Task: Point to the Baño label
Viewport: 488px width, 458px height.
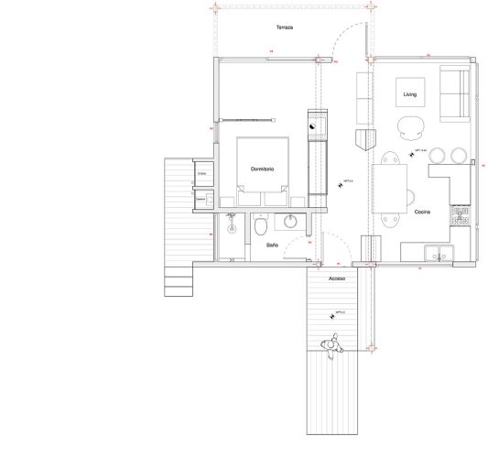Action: coord(273,245)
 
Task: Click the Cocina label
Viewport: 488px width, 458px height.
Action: coord(423,212)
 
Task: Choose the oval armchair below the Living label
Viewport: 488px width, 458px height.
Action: coord(409,127)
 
